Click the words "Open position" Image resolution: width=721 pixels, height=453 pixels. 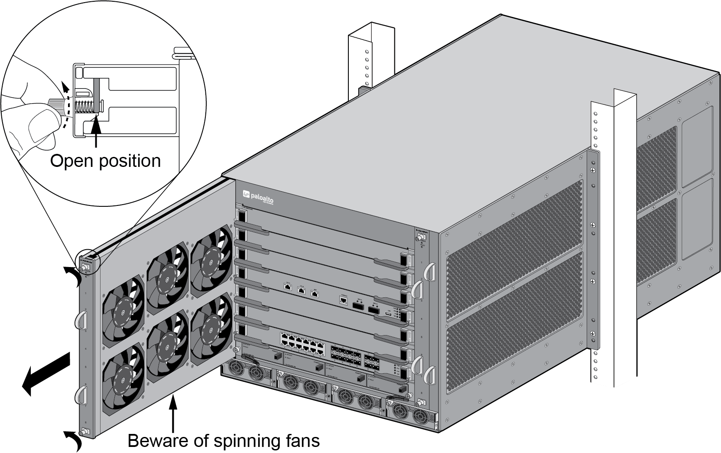(x=105, y=161)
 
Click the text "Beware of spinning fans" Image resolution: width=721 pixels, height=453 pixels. (x=224, y=441)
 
